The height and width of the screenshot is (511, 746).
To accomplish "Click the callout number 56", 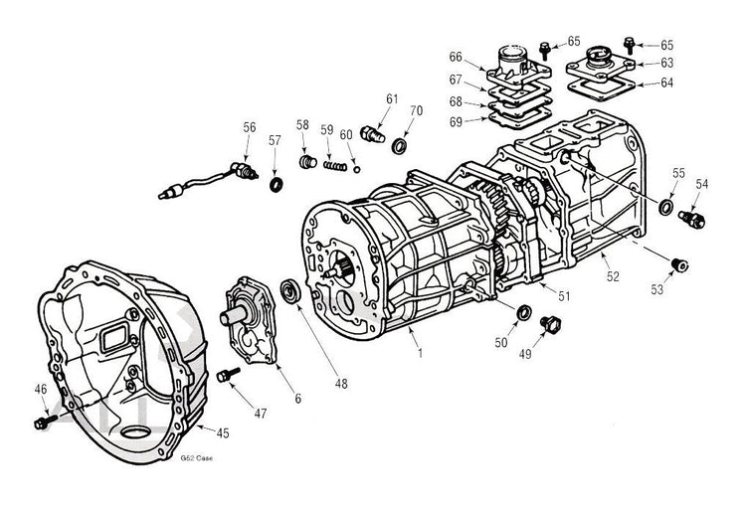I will click(x=250, y=127).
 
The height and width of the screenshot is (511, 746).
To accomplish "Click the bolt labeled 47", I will click(x=228, y=376).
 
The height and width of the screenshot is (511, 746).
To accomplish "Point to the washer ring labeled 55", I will click(x=665, y=207).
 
